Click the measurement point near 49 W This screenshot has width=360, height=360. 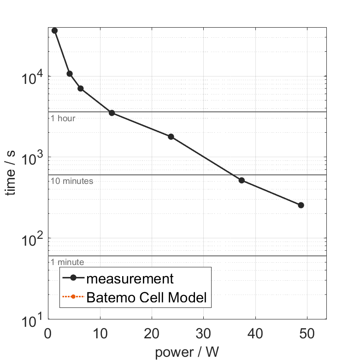point(301,205)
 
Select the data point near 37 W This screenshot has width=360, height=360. point(242,180)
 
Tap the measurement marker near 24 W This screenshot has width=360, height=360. point(171,136)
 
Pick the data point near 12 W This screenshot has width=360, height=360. point(112,113)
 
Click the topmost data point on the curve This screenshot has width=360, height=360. point(54,30)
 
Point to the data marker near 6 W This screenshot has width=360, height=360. point(80,89)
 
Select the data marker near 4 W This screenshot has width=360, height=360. point(70,74)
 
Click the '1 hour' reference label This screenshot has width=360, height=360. point(63,118)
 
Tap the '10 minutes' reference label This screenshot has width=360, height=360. point(72,181)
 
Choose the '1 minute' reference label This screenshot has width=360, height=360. point(67,262)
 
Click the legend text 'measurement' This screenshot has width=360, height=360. point(130,278)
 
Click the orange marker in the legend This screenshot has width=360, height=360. point(73,298)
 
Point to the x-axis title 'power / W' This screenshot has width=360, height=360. point(187,353)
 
